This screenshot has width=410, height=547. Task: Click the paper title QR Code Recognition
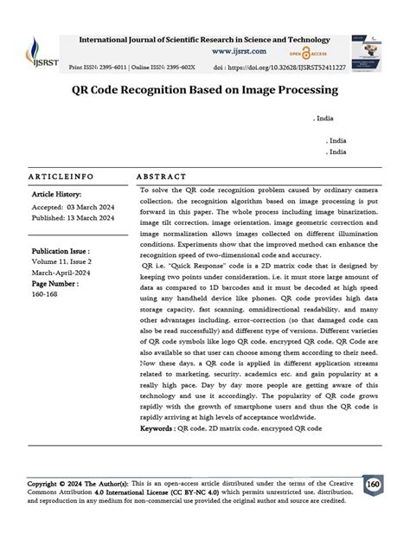(x=205, y=89)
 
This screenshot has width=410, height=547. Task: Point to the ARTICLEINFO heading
(x=61, y=176)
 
